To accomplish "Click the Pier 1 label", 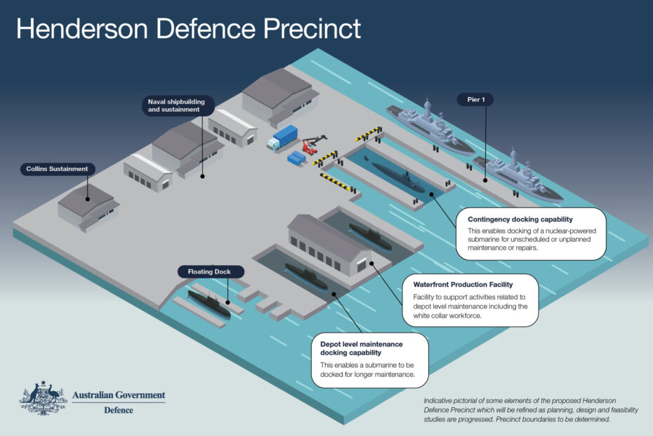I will pos(475,100).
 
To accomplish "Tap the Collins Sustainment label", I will pos(58,169).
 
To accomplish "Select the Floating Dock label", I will pos(210,271).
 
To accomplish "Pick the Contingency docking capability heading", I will pos(520,219).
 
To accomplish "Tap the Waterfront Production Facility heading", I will pos(463,284).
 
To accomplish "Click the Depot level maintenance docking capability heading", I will pos(362,348).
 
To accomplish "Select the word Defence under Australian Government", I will pos(118,410).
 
